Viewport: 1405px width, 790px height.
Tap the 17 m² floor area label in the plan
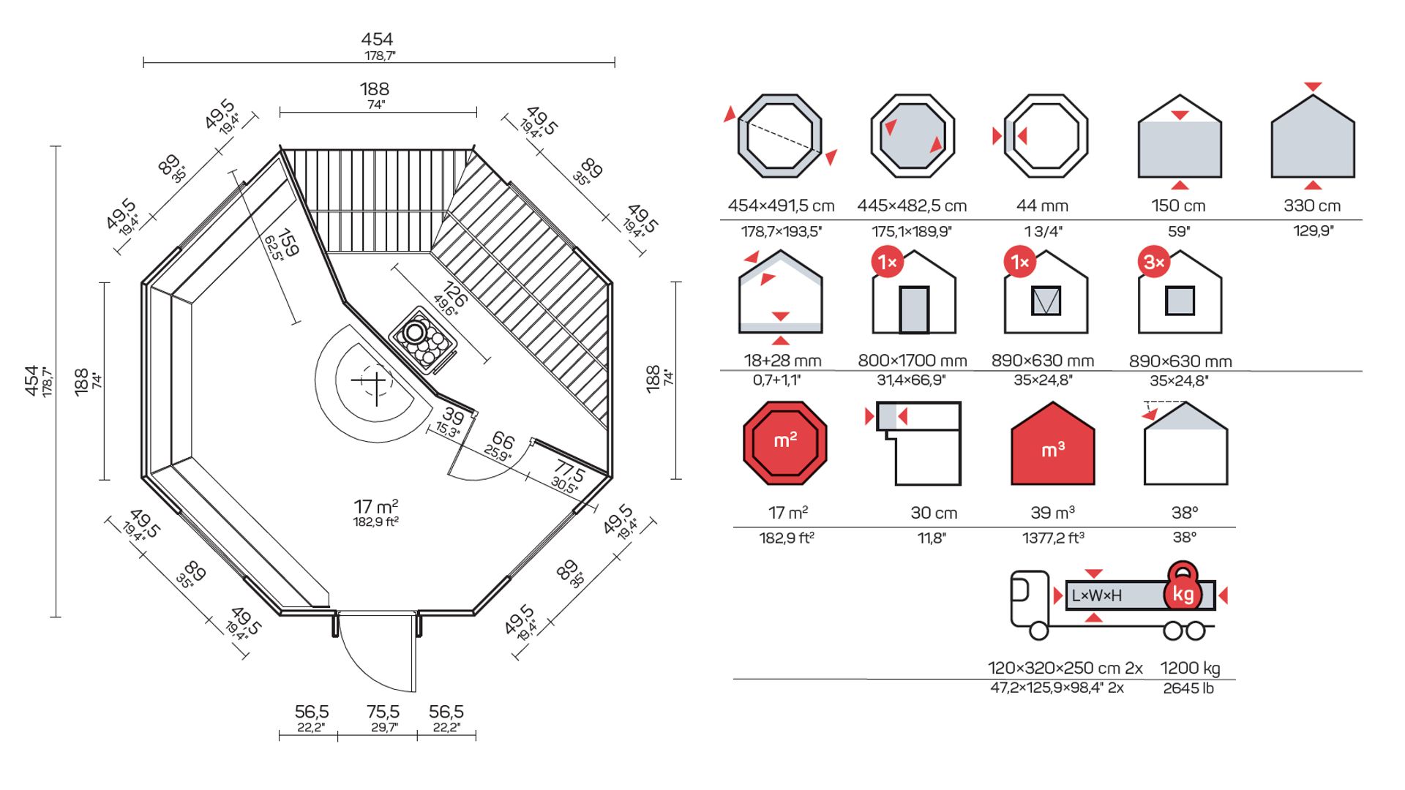[376, 506]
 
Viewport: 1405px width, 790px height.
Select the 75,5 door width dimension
[383, 712]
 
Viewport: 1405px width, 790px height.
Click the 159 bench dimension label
[288, 243]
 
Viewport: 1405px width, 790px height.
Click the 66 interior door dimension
[503, 440]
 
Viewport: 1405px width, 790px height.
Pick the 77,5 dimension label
[569, 470]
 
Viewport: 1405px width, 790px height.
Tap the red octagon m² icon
[784, 443]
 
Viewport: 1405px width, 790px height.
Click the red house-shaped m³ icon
[1052, 443]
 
